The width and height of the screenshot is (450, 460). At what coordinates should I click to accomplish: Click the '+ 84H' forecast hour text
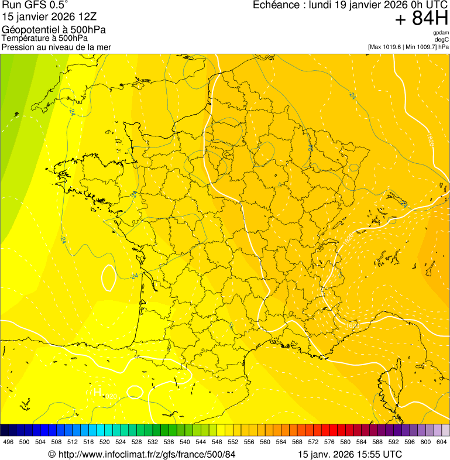[x=421, y=19]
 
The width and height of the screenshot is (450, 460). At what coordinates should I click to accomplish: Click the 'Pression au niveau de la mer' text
[x=56, y=47]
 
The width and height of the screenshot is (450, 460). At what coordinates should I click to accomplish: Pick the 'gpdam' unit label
[x=441, y=33]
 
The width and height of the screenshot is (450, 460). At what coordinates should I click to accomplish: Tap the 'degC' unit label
[x=442, y=40]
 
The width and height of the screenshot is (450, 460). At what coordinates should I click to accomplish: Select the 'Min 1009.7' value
[x=420, y=47]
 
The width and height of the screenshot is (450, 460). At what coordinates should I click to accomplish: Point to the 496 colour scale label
[x=8, y=441]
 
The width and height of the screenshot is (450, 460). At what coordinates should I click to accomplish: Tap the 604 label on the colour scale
[x=442, y=441]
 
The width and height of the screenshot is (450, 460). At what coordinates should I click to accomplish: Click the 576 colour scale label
[x=330, y=441]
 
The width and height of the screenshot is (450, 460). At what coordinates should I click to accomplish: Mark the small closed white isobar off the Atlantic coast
[x=108, y=277]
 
